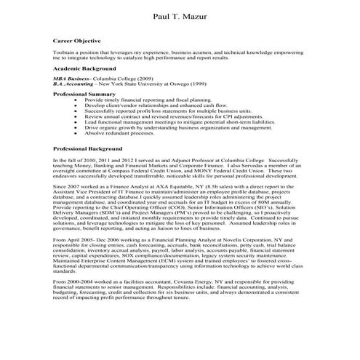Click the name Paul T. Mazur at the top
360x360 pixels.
[x=180, y=15]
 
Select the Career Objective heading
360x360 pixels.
[x=77, y=41]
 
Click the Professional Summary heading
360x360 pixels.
[x=84, y=94]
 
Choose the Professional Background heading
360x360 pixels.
[x=87, y=148]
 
